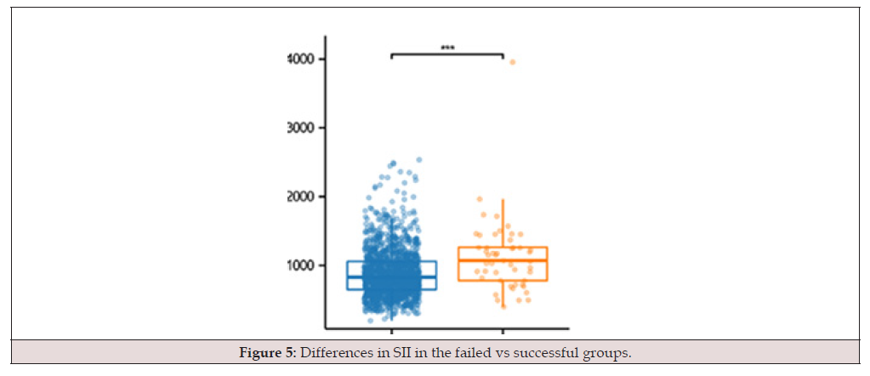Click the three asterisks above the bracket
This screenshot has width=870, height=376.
coord(448,48)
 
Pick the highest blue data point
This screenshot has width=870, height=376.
coord(419,160)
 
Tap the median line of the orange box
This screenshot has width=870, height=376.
coord(503,260)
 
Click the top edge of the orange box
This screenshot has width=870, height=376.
coord(503,248)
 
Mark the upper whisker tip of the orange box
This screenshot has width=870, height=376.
coord(503,199)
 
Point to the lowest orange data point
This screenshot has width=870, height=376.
coord(503,306)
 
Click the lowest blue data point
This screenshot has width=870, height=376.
coord(371,321)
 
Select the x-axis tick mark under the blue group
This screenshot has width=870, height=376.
coord(392,331)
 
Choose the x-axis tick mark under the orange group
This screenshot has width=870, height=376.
coord(503,331)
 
